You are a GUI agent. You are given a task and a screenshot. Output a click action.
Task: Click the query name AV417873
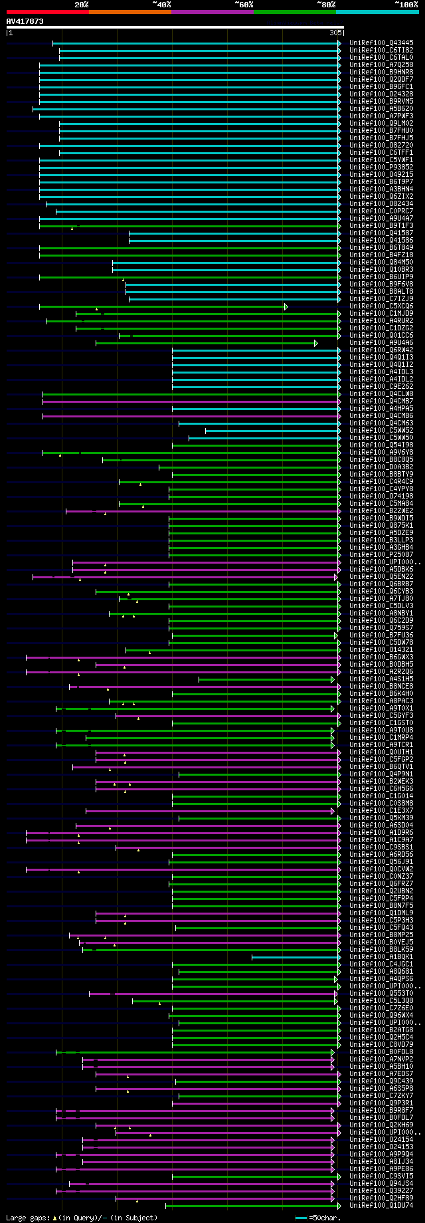point(25,22)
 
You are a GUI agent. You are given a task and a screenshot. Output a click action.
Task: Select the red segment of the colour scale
point(47,11)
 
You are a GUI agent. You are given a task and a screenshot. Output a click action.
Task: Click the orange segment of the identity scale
point(129,11)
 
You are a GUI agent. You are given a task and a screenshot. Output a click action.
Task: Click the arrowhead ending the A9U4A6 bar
point(316,343)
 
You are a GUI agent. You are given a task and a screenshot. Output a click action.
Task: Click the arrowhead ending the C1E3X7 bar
point(333,811)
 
